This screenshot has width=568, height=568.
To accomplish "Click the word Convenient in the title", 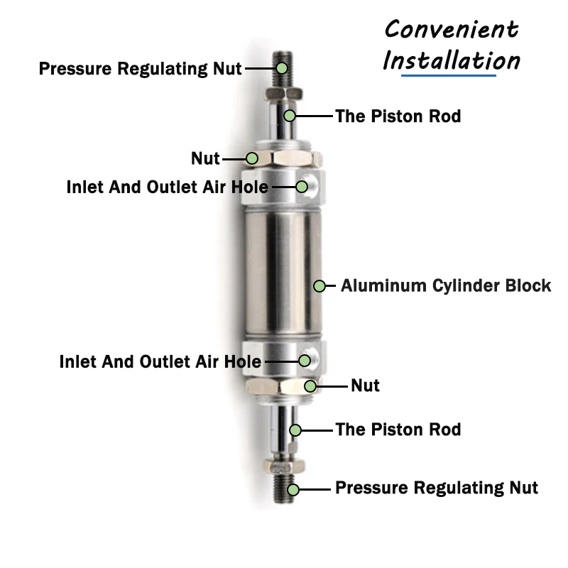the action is pos(452,29).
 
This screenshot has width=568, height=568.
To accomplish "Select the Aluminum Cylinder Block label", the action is pos(446,285).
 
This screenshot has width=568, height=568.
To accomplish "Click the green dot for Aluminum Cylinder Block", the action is pos(319,285).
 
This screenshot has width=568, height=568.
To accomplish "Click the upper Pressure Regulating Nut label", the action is pos(141,69).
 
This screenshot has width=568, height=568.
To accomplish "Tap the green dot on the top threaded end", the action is pos(282,68).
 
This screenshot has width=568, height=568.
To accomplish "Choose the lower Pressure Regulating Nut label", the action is pos(436,488).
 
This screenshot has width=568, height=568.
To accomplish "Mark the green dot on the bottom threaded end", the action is pos(293,488).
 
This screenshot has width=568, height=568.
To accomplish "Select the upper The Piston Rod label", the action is pos(398,116).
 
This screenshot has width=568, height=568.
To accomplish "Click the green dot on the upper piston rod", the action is pos(290,115).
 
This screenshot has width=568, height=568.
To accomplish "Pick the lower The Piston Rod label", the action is pos(398,429).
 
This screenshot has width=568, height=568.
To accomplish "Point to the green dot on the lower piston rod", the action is pos(295,429).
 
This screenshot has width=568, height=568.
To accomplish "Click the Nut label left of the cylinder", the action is pos(205,158).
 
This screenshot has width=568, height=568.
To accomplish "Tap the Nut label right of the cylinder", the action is pos(365,386).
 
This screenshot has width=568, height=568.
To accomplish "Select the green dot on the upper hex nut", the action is pos(252,158).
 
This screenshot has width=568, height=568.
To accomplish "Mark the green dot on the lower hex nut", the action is pos(310,386).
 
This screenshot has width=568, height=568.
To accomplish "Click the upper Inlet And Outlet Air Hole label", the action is pos(168,187).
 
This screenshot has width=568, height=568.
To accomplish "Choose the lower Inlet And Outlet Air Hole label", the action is pos(160,361).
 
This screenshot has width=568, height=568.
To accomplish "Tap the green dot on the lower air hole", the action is pos(305,361).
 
